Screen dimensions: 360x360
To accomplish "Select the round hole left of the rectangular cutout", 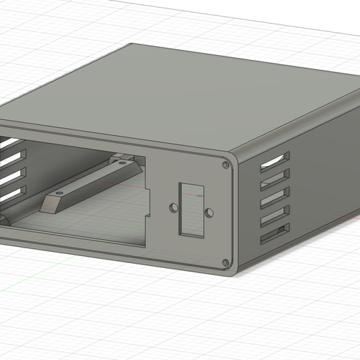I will [x=173, y=208].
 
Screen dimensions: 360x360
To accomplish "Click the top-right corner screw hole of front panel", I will [x=225, y=165].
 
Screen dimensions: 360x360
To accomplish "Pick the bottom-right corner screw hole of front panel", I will [x=225, y=262].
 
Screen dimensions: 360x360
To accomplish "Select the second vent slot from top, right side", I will [x=275, y=180].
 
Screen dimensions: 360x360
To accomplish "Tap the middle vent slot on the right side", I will [x=275, y=199].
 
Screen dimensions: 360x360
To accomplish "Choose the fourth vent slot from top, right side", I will [x=275, y=218].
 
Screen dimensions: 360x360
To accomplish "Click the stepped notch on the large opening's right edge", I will [x=149, y=212].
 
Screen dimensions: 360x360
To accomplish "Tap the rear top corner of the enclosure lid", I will [x=133, y=46].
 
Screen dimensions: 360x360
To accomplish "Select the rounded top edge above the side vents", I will [x=293, y=129].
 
